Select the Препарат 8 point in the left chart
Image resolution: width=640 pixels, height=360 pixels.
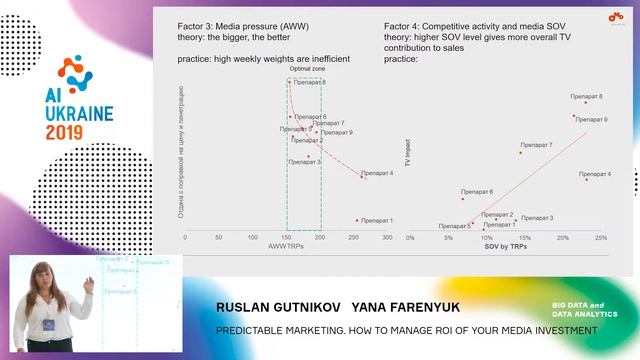[x=290, y=82]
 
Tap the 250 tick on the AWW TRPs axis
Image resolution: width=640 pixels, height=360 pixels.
[x=253, y=238]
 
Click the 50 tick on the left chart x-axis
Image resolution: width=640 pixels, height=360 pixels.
[x=219, y=238]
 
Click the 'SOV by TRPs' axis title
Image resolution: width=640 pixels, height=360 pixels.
[x=508, y=245]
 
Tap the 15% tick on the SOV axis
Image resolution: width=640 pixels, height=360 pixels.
[x=525, y=238]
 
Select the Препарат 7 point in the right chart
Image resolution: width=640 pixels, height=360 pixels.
[x=520, y=152]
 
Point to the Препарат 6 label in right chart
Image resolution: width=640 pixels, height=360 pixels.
[x=477, y=191]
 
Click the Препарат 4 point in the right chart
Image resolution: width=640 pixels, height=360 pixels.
[x=586, y=179]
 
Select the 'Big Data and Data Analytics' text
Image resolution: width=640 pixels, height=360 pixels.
[x=585, y=310]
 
